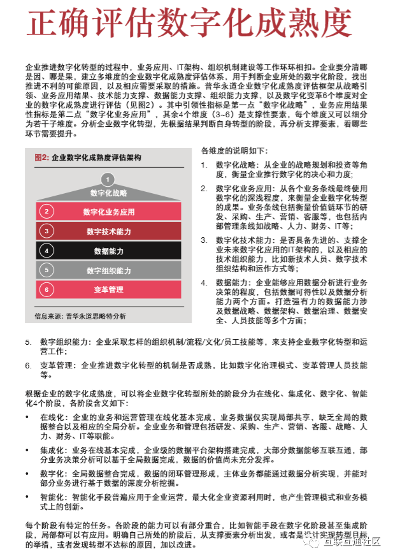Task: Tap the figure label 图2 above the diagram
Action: (x=41, y=157)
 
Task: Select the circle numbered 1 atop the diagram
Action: (x=108, y=179)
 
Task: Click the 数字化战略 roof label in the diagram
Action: (x=108, y=193)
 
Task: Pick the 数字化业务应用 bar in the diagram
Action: (x=109, y=212)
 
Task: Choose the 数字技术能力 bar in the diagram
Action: (x=109, y=231)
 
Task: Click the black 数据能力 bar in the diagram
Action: (x=109, y=250)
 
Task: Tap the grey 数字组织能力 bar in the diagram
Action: (x=109, y=270)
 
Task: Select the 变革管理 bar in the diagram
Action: (x=109, y=289)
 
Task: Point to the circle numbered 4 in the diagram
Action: (x=46, y=250)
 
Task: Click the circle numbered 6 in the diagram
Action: (x=46, y=289)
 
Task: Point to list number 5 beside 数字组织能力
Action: (x=29, y=342)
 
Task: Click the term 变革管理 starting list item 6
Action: (x=55, y=366)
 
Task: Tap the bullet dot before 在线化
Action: (x=27, y=416)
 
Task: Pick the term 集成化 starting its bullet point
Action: (x=53, y=450)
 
